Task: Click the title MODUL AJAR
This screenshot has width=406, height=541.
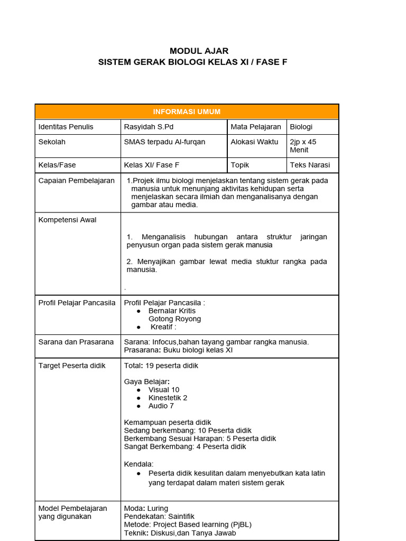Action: [x=199, y=51]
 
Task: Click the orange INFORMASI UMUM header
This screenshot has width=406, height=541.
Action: [x=187, y=111]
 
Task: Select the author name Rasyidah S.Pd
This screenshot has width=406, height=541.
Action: [x=148, y=127]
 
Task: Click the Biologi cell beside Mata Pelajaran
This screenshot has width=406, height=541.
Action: [x=301, y=127]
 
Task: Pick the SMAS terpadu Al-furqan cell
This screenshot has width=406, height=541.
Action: [x=164, y=142]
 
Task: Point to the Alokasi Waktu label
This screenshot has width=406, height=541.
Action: [x=254, y=142]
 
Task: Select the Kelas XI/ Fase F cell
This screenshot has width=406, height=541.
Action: [x=152, y=165]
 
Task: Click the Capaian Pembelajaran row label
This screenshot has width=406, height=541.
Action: [x=76, y=181]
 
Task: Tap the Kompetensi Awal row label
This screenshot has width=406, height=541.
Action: [x=67, y=220]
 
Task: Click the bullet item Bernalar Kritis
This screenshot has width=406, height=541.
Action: [x=172, y=311]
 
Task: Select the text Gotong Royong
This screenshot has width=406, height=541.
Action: [x=174, y=319]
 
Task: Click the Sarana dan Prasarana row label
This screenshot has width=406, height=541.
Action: [x=76, y=342]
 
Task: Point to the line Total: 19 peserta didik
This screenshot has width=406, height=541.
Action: [x=161, y=366]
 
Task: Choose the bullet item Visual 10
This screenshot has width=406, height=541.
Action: [x=164, y=389]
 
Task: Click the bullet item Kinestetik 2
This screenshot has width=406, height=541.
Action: [x=168, y=398]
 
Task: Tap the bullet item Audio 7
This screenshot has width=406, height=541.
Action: [x=161, y=406]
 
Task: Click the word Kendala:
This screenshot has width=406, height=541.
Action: [x=139, y=464]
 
